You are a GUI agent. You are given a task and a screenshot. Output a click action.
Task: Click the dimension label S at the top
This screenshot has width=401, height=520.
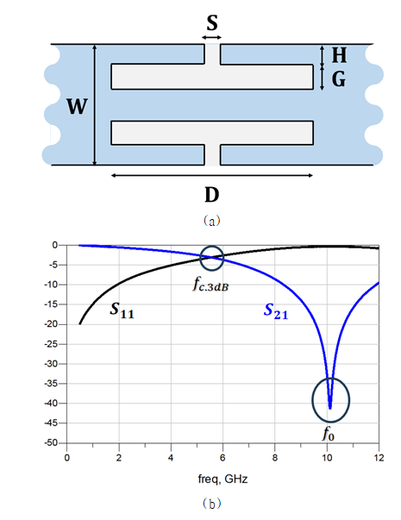click(212, 23)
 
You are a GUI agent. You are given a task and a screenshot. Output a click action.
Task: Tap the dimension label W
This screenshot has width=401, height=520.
click(78, 106)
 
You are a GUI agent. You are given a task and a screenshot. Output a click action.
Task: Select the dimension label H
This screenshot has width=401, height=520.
click(339, 55)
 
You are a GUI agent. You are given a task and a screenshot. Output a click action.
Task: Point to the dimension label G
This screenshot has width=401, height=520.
click(339, 79)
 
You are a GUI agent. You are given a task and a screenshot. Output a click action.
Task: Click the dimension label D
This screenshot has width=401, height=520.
click(212, 195)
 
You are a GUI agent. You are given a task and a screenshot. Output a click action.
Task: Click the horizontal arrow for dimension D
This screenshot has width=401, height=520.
click(212, 175)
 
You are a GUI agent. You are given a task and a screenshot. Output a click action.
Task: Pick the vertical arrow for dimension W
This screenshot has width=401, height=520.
click(95, 104)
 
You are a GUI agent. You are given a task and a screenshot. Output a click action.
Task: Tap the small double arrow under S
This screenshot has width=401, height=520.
click(211, 37)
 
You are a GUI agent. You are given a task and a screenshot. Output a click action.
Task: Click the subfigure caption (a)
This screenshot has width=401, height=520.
click(211, 220)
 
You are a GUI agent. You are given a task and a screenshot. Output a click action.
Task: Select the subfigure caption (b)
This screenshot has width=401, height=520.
click(211, 504)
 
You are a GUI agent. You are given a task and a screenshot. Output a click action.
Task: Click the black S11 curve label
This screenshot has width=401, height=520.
click(122, 310)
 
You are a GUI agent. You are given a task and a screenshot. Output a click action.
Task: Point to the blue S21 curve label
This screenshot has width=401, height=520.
click(276, 311)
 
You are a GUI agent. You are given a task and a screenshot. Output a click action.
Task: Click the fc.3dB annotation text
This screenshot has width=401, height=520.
click(210, 285)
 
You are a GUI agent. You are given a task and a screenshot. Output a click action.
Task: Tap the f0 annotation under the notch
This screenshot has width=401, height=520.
click(329, 434)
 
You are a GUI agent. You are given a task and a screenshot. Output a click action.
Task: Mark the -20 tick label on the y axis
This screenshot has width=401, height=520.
click(51, 324)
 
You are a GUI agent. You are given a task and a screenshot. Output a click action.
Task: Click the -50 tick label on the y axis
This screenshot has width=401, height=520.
click(51, 442)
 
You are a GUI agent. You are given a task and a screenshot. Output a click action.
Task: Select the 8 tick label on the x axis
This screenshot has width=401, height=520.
click(274, 458)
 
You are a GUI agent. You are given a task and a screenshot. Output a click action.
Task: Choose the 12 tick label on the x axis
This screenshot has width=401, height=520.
click(379, 458)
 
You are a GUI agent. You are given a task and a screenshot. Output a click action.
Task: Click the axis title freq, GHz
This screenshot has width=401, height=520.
click(222, 479)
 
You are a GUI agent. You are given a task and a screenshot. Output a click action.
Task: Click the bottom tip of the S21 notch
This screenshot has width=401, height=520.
click(330, 409)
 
